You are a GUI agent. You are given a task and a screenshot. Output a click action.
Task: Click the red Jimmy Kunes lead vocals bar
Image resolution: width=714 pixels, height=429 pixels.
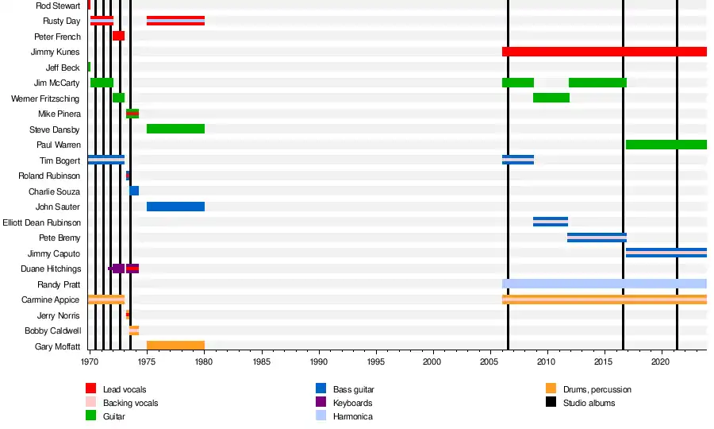click(604, 52)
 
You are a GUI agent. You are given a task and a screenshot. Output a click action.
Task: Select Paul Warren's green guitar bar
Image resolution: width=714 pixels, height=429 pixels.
click(666, 145)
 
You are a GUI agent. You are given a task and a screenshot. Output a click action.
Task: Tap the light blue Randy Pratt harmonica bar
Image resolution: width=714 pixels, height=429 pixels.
click(604, 284)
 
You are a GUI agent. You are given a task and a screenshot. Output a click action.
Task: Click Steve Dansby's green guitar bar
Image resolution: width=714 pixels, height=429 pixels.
click(175, 129)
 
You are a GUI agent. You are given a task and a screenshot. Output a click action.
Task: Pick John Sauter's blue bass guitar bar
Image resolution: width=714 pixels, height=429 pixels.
click(175, 207)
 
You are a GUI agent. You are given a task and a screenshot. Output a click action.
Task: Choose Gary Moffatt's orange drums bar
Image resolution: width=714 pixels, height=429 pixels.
click(175, 346)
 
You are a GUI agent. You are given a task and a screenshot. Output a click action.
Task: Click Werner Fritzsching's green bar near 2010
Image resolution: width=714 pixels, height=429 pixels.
click(551, 98)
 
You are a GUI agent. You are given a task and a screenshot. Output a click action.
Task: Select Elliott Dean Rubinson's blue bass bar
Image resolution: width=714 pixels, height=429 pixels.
click(551, 222)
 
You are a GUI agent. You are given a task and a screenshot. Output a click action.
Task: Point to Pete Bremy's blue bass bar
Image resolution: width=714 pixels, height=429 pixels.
click(597, 237)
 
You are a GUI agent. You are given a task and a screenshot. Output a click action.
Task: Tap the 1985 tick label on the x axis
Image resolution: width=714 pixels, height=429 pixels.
click(262, 361)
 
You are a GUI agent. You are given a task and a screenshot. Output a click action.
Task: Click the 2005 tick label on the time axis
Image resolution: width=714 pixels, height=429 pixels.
click(489, 361)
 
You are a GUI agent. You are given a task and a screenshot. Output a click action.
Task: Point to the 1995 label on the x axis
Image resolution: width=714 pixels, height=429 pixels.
click(376, 361)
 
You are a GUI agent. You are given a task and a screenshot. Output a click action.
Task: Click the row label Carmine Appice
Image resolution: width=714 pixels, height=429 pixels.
click(51, 300)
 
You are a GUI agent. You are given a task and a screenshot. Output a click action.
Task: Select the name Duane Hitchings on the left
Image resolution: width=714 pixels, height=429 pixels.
click(50, 269)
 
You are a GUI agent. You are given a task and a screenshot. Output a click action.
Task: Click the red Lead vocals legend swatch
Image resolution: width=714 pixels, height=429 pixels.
click(91, 388)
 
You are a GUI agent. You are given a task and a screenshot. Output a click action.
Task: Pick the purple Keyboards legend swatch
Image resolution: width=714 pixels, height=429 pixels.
click(321, 403)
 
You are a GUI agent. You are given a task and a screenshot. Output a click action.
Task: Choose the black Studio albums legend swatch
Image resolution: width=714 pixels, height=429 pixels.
click(551, 403)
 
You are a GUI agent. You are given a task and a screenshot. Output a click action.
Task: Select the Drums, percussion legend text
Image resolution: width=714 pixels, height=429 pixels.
click(597, 389)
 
